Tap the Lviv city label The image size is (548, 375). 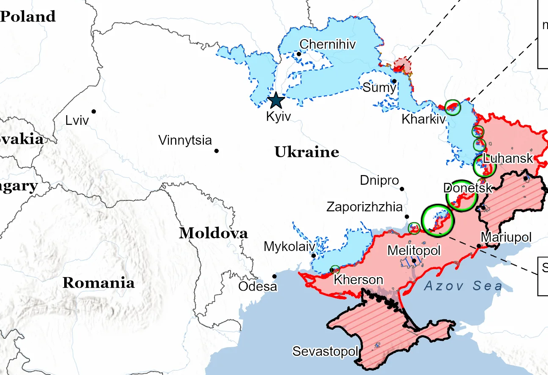click(x=77, y=121)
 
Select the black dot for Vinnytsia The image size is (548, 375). click(x=217, y=151)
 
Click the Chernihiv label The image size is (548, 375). click(x=328, y=44)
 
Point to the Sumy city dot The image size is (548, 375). click(x=394, y=81)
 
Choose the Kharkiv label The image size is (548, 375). click(x=423, y=119)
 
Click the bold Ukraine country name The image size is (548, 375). click(x=307, y=152)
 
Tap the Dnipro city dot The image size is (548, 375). click(x=402, y=189)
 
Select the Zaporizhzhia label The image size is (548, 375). click(x=364, y=207)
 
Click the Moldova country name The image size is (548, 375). click(x=213, y=233)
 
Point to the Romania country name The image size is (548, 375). click(x=98, y=283)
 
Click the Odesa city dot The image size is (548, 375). click(x=274, y=276)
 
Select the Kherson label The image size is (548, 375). click(x=358, y=280)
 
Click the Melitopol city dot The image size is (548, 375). click(x=414, y=261)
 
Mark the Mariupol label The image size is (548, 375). click(x=506, y=237)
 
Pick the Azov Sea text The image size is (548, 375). click(x=463, y=286)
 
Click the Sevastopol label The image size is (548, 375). click(x=326, y=351)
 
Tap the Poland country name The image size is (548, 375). click(x=27, y=16)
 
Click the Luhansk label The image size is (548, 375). click(x=508, y=159)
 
